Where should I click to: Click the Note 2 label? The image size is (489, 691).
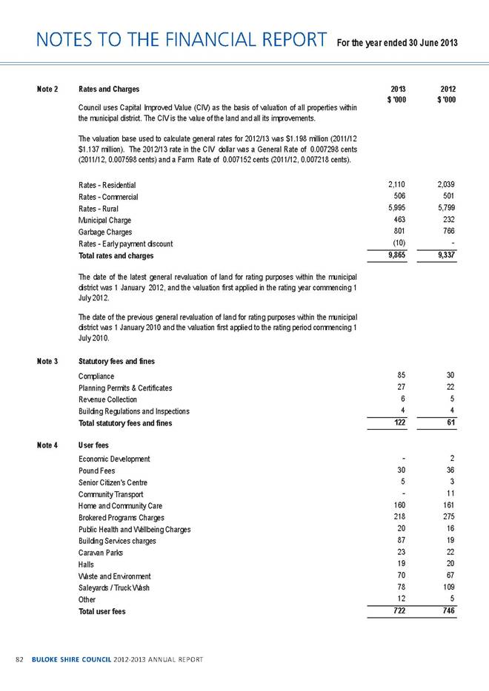click(x=47, y=90)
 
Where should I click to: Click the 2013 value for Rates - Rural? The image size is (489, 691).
click(x=399, y=209)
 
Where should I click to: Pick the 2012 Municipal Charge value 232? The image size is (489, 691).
click(x=448, y=220)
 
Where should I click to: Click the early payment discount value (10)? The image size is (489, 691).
click(x=400, y=244)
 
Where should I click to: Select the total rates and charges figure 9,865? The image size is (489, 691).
click(x=398, y=255)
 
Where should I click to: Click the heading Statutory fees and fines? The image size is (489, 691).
click(x=116, y=362)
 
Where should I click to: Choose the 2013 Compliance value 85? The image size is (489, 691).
click(x=405, y=376)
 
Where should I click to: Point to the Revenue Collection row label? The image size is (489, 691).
click(x=107, y=400)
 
